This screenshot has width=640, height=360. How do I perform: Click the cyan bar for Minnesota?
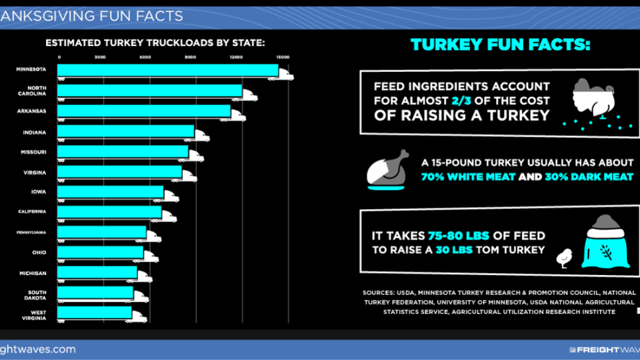pos(168,70)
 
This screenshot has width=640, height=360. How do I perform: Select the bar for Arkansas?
pos(144,111)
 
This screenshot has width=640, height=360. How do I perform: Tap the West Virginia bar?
pos(95,313)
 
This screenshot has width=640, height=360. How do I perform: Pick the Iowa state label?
pos(39,192)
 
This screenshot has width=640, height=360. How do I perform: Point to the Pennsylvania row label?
pos(32,232)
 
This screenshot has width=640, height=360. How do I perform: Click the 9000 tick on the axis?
pos(190,57)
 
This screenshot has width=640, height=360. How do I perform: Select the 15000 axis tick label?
pos(283,57)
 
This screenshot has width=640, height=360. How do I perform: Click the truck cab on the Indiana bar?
pos(202,135)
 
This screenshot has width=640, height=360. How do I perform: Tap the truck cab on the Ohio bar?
pos(151,256)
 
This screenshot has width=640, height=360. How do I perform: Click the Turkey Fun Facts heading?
pos(500,44)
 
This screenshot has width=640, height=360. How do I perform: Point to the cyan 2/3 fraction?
pos(461,101)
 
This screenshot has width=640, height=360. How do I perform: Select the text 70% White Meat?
pos(468,177)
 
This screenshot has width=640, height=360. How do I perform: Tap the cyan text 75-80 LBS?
pos(459,235)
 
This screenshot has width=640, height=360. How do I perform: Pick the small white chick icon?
pos(565,258)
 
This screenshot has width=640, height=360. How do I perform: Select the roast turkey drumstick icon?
pos(387,169)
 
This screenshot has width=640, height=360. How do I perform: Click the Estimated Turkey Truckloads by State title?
pos(155,43)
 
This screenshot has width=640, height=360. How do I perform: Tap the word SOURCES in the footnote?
pos(378,293)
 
